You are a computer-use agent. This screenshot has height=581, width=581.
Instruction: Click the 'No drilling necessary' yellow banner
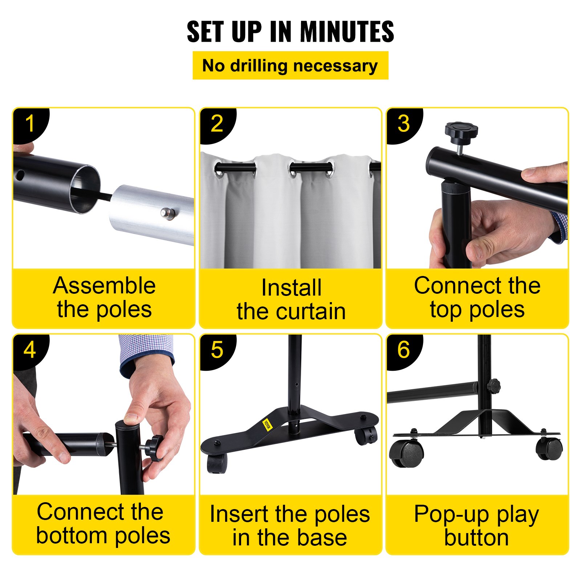pos(290,65)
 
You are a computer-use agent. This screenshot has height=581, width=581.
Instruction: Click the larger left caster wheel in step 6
pos(407,454)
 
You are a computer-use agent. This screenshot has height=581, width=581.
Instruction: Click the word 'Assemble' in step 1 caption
pos(105,286)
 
